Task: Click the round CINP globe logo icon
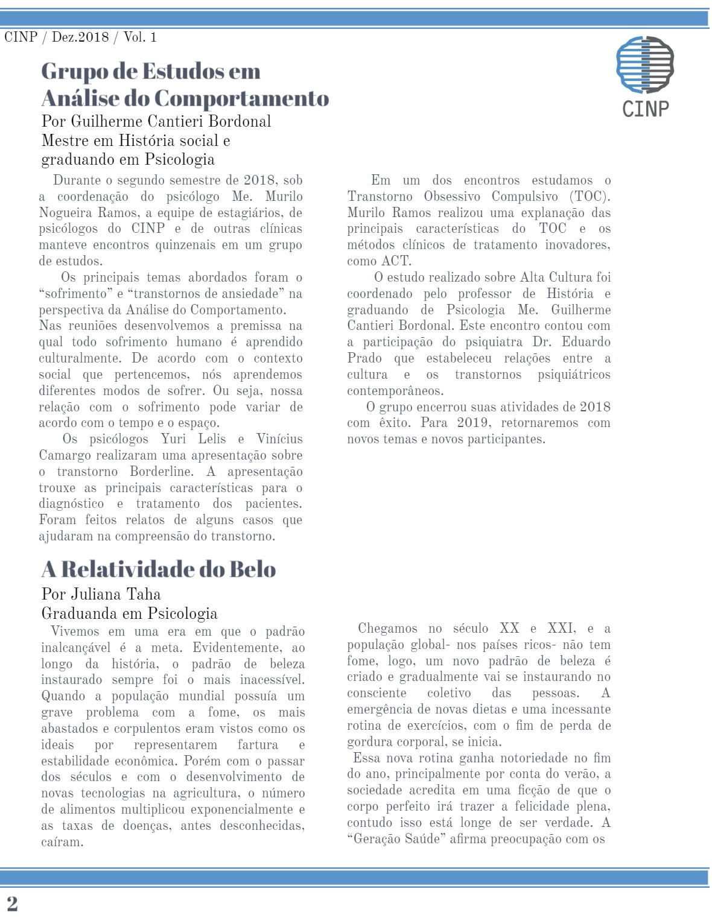click(644, 65)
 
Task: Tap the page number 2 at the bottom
click(12, 904)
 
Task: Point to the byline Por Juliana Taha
click(101, 594)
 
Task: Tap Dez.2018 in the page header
click(80, 37)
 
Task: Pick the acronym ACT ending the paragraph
click(396, 261)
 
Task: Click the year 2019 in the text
click(472, 423)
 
